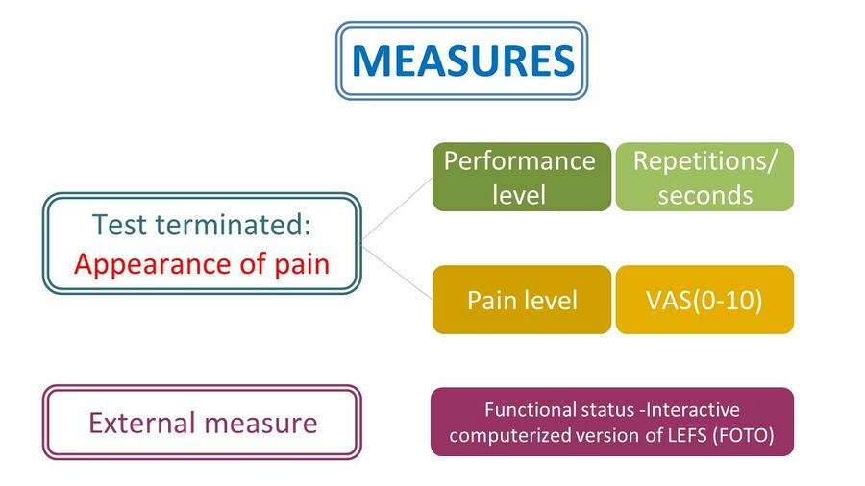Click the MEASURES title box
pos(461,61)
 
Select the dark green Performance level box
pos(522,177)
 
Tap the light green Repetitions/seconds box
pos(704,177)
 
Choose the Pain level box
pos(522,300)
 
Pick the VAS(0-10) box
pos(704,300)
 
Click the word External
pos(142,424)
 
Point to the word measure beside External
pos(260,425)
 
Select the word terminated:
pos(233,225)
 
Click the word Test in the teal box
pos(120,225)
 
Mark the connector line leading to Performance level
pos(397,208)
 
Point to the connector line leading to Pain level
pos(397,272)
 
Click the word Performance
pos(520,162)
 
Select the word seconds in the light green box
pos(705,196)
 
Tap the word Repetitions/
pos(704,161)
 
